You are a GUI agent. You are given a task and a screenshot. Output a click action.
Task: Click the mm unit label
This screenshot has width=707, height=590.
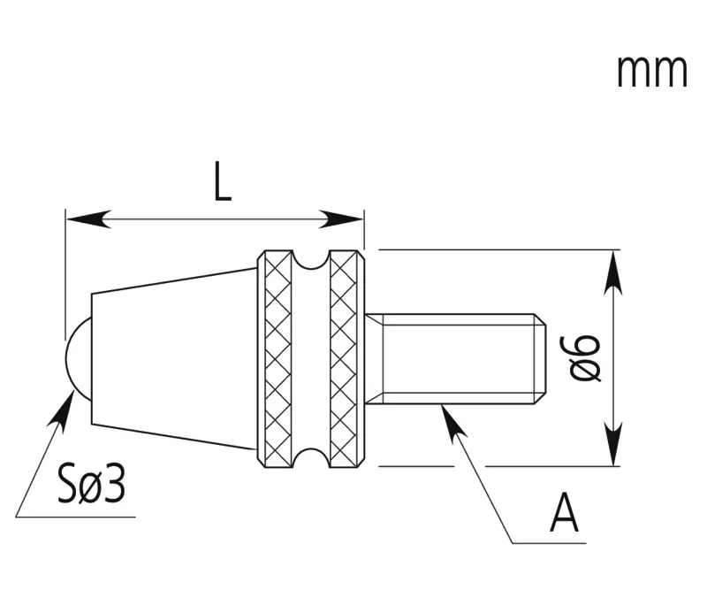tap(651, 72)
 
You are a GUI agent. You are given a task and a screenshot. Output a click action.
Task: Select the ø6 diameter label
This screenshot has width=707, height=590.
tap(585, 358)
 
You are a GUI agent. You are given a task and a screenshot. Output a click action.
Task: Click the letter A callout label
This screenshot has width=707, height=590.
tap(564, 513)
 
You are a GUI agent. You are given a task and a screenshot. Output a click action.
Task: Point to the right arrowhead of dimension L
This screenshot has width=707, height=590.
tap(341, 219)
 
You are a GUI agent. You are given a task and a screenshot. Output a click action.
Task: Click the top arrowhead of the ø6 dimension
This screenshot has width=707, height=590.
tap(613, 272)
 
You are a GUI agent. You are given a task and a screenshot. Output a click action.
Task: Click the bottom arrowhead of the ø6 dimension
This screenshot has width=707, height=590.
tap(613, 443)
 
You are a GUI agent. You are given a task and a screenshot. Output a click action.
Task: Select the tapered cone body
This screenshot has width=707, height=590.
tap(174, 359)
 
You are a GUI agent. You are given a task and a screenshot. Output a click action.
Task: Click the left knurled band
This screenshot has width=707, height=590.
tap(275, 359)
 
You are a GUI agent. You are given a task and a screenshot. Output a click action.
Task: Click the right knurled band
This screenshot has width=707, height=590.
tap(347, 359)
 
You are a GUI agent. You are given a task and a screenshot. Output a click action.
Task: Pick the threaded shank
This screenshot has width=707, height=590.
tap(455, 359)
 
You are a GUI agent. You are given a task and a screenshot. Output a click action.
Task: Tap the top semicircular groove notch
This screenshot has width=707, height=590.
tap(311, 259)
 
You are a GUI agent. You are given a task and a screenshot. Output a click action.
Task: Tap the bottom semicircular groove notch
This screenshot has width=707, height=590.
tap(311, 458)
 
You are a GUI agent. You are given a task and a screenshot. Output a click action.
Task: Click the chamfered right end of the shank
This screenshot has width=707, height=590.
tap(540, 359)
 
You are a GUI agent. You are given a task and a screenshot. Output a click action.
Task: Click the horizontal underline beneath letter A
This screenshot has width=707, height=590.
tap(549, 543)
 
